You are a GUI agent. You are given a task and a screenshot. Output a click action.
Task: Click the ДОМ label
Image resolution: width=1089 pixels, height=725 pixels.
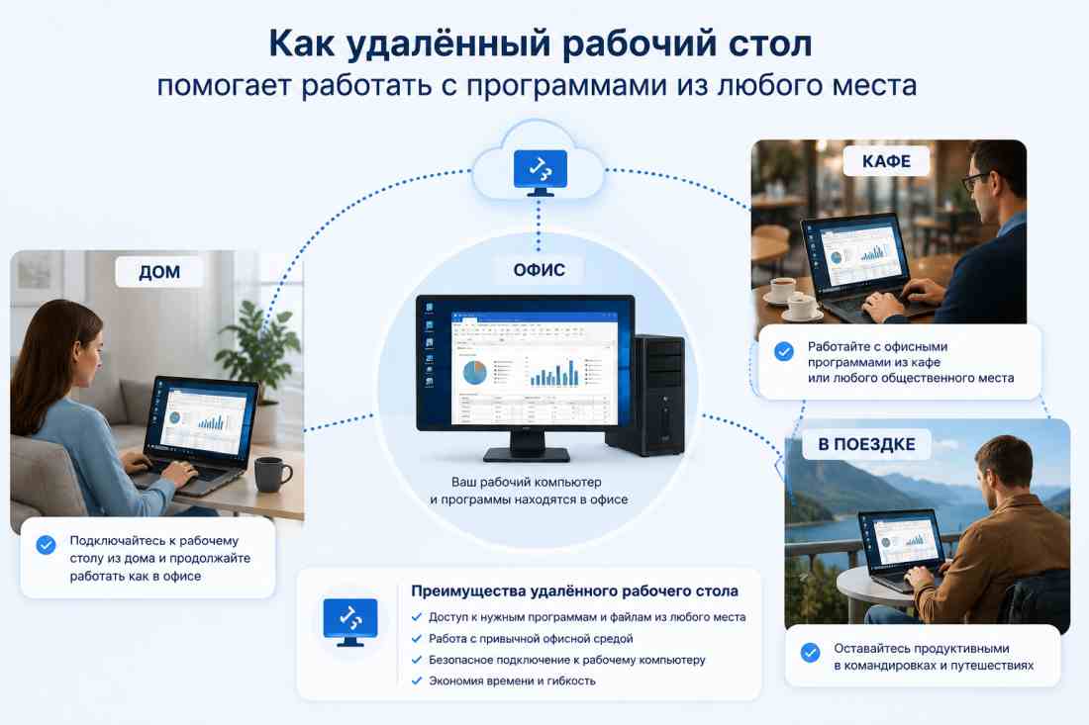point(159,271)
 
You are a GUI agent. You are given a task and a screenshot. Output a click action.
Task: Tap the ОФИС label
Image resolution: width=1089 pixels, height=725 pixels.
point(539,270)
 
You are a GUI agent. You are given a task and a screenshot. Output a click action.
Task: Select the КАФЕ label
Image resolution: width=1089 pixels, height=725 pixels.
point(886,161)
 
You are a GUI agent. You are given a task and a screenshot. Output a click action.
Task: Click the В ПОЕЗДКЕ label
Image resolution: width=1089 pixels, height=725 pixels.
point(867,445)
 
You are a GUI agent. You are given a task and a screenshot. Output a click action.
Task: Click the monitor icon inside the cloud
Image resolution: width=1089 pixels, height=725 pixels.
point(541,172)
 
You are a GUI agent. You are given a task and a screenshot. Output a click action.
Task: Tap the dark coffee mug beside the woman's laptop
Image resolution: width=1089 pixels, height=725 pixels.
point(271,474)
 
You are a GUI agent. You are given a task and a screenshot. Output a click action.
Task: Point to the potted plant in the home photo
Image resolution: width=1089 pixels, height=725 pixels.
point(259,354)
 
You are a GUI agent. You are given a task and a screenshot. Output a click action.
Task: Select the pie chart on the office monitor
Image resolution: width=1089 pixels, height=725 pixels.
point(475,373)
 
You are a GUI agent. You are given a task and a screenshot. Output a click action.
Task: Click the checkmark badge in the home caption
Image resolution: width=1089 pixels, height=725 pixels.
point(46,545)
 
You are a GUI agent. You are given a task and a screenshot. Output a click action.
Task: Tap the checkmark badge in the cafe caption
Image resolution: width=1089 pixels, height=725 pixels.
point(784,352)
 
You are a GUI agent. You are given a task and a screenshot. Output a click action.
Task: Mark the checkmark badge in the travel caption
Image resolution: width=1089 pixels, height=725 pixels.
point(810,652)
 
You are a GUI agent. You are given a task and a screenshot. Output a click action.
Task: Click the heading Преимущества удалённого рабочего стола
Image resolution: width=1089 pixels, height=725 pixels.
point(574,591)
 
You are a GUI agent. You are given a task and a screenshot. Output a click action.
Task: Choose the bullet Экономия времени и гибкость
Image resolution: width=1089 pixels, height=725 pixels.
point(512,681)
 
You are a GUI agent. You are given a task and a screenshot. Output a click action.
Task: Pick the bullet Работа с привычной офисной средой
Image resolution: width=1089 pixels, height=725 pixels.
point(531,638)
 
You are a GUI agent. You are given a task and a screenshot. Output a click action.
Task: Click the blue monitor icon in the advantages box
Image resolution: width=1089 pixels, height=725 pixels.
point(350,621)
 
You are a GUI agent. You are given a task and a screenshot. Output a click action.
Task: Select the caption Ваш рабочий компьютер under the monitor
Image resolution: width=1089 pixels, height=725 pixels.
point(527,482)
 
